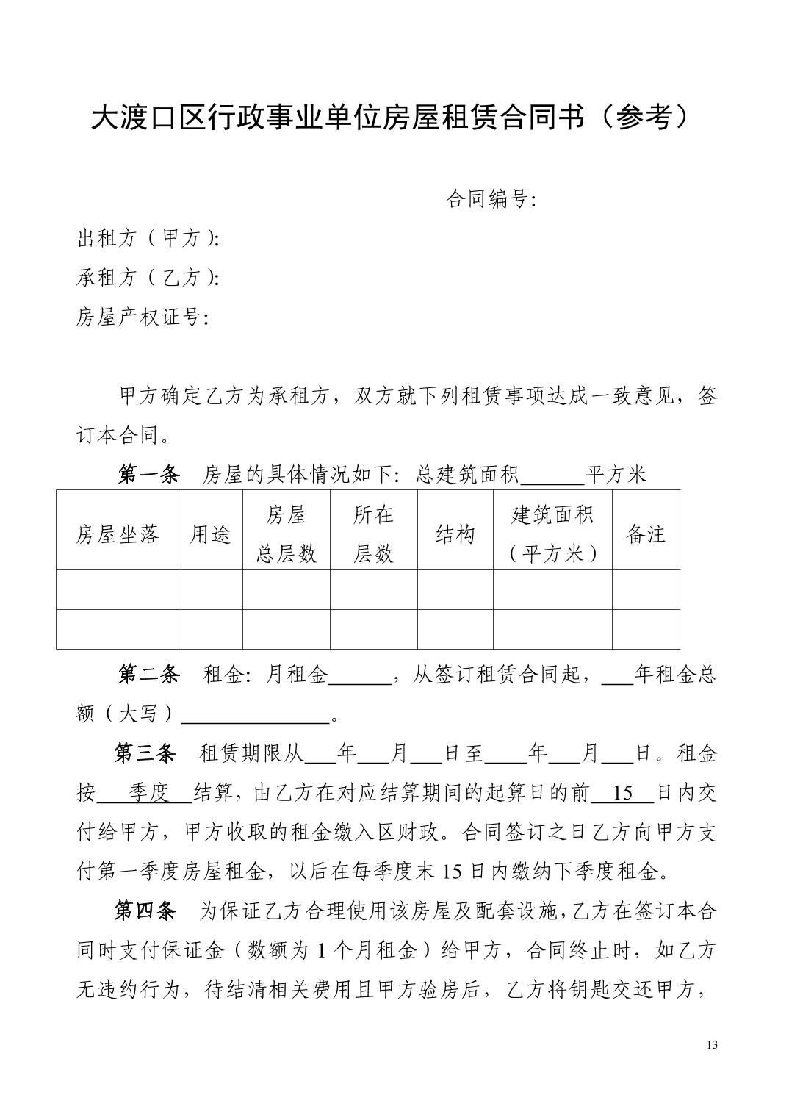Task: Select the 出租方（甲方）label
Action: pyautogui.click(x=148, y=239)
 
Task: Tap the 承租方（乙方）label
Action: pyautogui.click(x=148, y=278)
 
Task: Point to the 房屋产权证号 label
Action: pyautogui.click(x=143, y=317)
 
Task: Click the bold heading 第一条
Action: pyautogui.click(x=149, y=475)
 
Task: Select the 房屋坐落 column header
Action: pyautogui.click(x=118, y=534)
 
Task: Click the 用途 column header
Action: pyautogui.click(x=211, y=534)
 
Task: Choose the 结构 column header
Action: pyautogui.click(x=455, y=534)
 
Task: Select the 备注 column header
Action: pyautogui.click(x=646, y=534)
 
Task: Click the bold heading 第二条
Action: pyautogui.click(x=149, y=675)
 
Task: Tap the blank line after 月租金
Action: pyautogui.click(x=359, y=676)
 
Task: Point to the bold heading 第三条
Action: pyautogui.click(x=145, y=753)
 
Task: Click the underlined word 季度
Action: pyautogui.click(x=149, y=793)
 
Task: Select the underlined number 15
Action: pyautogui.click(x=622, y=793)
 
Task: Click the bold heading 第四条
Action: pyautogui.click(x=145, y=911)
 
